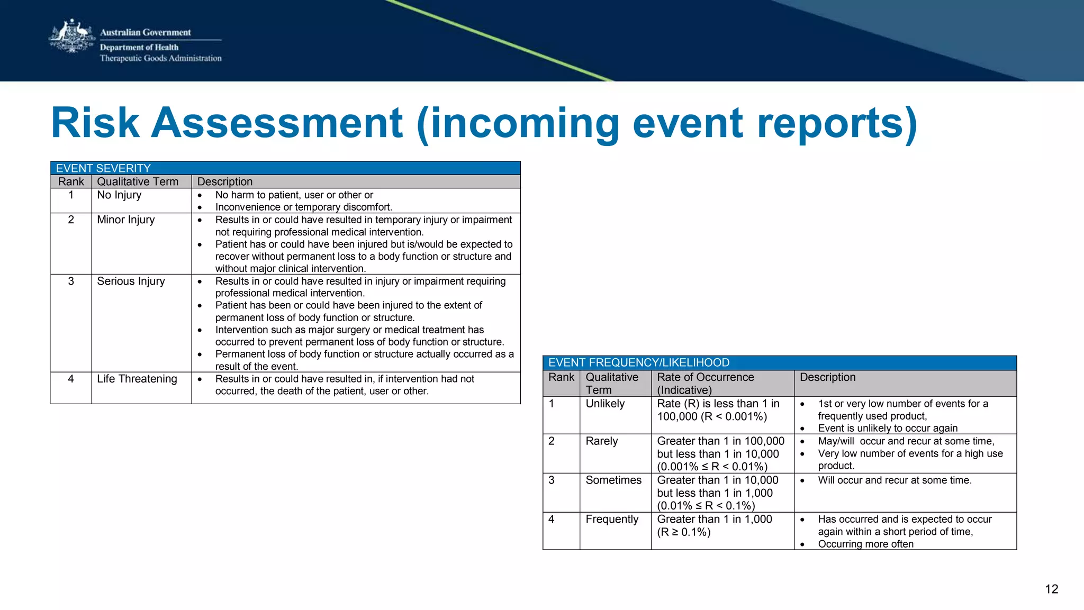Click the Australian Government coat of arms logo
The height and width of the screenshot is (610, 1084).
click(x=71, y=37)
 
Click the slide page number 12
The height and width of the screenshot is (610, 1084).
click(x=1051, y=589)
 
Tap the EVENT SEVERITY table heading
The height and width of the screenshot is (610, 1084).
click(x=103, y=168)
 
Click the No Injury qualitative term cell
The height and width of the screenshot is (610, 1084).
click(x=119, y=195)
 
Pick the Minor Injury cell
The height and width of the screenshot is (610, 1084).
click(x=126, y=220)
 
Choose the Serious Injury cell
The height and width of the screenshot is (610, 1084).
click(x=131, y=281)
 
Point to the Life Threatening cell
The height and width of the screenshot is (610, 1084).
click(x=137, y=379)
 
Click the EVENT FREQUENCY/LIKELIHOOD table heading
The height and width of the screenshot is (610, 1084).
click(x=638, y=363)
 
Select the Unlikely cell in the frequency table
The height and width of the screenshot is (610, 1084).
click(x=605, y=404)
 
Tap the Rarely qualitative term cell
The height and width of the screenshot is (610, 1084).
click(x=602, y=441)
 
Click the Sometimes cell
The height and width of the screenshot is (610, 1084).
click(x=613, y=480)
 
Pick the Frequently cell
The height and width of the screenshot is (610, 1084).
click(x=612, y=520)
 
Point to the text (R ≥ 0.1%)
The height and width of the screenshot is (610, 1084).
click(x=684, y=532)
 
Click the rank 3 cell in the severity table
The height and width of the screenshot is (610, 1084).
click(x=71, y=281)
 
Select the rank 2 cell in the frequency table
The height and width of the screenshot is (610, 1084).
click(x=552, y=441)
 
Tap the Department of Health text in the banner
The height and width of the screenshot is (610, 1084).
click(x=139, y=47)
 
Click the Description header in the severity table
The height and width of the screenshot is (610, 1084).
click(x=225, y=182)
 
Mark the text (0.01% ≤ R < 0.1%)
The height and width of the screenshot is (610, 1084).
click(x=706, y=506)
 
